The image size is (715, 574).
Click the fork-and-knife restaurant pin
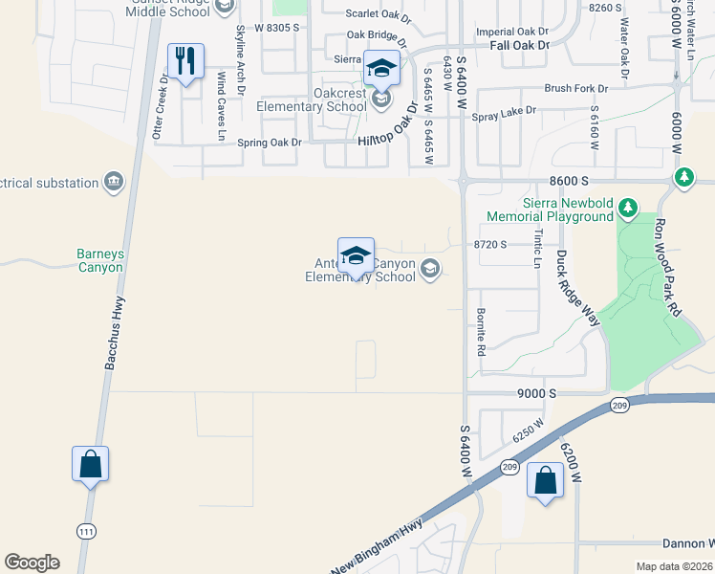[x=185, y=61]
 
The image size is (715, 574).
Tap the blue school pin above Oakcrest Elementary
[x=381, y=68]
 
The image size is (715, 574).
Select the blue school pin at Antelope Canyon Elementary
[x=356, y=256]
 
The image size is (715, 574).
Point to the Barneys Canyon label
[x=100, y=261]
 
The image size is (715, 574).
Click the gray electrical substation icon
[x=114, y=182]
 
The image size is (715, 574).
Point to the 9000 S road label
[x=539, y=393]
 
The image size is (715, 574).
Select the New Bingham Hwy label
[x=376, y=546]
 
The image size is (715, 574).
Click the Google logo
[x=32, y=563]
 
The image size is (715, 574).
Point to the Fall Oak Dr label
[x=519, y=45]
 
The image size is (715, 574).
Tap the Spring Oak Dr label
[x=269, y=143]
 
